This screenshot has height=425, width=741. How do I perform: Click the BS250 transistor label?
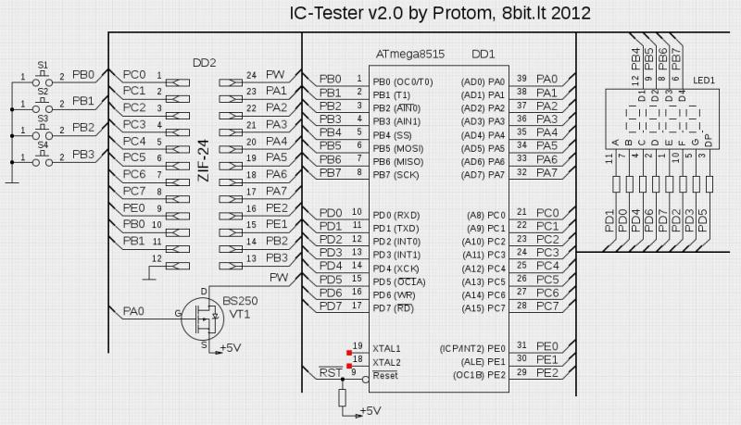click(x=238, y=301)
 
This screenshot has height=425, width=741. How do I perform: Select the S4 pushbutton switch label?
click(x=43, y=146)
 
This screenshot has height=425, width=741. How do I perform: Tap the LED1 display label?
click(x=703, y=81)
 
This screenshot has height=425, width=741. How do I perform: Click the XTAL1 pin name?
click(x=387, y=347)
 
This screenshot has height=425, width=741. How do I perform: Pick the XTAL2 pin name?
click(x=387, y=362)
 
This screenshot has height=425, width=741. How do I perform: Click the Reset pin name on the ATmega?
click(x=384, y=375)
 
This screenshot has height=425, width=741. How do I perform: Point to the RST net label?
click(x=330, y=372)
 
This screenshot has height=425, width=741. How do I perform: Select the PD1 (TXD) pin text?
click(x=396, y=227)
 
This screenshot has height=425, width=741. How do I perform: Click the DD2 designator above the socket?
click(x=204, y=62)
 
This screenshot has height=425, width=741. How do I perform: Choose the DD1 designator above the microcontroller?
click(x=483, y=55)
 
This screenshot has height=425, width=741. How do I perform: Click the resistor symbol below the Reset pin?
click(x=342, y=397)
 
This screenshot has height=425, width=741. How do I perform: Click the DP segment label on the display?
click(x=708, y=140)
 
